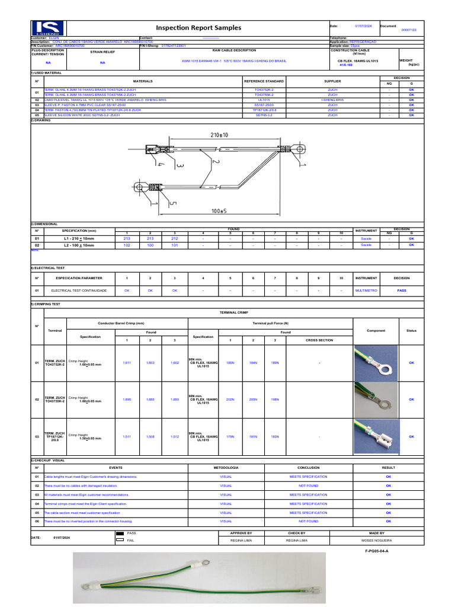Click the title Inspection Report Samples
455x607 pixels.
point(198,28)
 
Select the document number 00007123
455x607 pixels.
point(409,30)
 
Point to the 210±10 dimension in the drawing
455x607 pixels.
point(219,135)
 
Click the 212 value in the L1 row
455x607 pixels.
point(174,238)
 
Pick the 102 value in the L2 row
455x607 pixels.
point(126,244)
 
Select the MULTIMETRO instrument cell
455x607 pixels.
point(366,290)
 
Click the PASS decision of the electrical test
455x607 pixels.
point(401,290)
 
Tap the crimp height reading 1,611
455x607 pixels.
point(126,362)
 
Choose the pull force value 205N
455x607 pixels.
point(253,400)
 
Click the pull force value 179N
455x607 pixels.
point(230,437)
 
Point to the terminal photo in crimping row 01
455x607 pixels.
point(376,362)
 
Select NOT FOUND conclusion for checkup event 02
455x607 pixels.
point(308,485)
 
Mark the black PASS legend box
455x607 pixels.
point(120,533)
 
